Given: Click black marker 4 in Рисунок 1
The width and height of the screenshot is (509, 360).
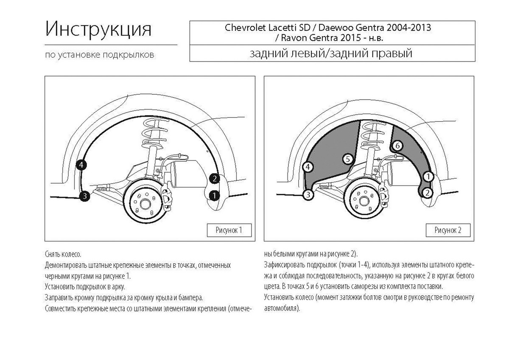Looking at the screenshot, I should pos(81,165).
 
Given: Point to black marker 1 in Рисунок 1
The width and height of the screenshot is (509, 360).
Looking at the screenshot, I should pos(215,195).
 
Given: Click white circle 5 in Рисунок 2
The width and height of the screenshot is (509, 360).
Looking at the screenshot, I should pos(347,159).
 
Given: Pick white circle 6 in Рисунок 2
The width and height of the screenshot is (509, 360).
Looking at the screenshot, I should pos(397,146).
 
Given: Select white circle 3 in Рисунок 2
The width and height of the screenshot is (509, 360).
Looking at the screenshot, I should pos(308,195).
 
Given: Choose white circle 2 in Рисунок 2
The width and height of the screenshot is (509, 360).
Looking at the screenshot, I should pos(428,193).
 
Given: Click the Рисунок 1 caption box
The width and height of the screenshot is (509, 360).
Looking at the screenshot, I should pos(229,230).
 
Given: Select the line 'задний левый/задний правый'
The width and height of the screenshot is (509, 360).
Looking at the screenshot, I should pos(331,54).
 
